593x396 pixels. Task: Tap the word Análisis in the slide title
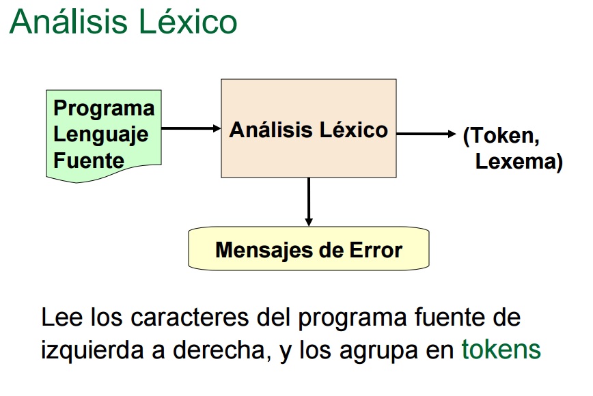pos(60,22)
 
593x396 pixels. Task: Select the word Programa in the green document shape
pos(104,108)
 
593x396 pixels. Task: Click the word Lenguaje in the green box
pos(100,134)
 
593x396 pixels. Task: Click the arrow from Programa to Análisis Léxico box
pos(191,128)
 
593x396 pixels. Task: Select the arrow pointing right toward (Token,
pos(426,135)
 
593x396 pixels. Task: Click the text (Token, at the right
pos(501,135)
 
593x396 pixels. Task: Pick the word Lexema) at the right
pos(519,162)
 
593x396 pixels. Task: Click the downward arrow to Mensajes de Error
pos(309,201)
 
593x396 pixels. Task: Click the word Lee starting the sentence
pos(57,318)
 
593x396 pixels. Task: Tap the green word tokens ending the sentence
pos(501,350)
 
